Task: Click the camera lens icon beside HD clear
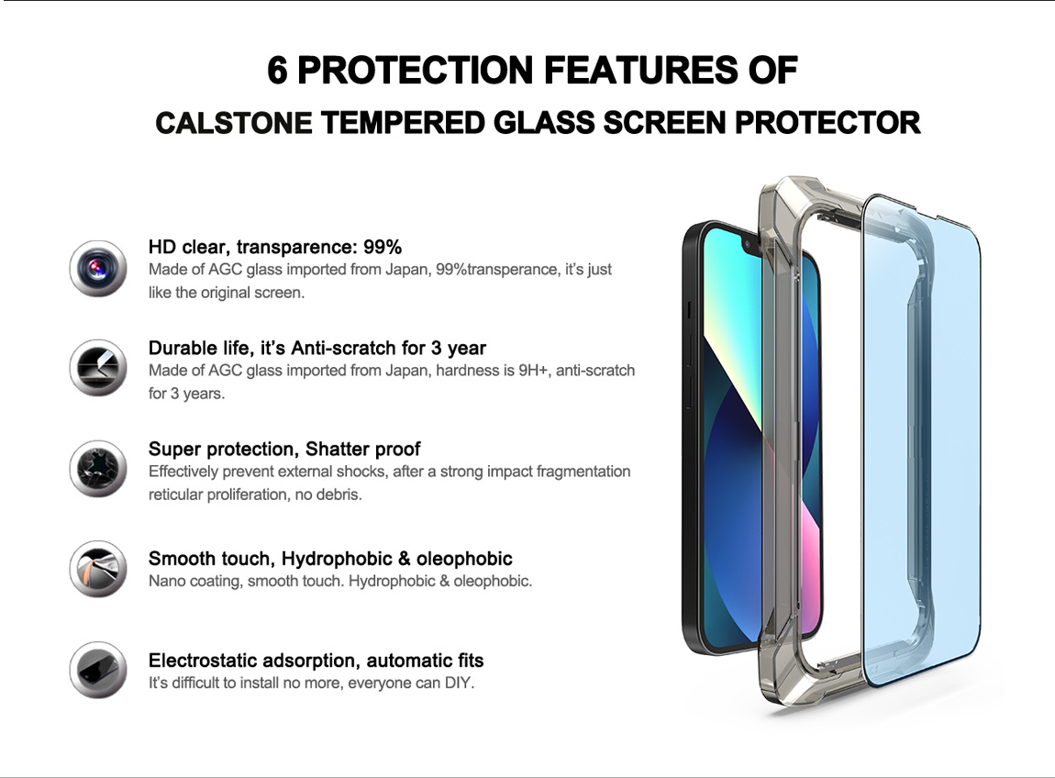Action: point(98,269)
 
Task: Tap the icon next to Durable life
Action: point(98,368)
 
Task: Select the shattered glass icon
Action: point(98,469)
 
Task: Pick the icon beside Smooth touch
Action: point(98,569)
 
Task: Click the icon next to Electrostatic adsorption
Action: point(98,670)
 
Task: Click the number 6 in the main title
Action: point(277,71)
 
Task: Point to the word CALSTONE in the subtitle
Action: point(233,123)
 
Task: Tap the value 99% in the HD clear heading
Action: point(383,247)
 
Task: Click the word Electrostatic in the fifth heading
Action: point(201,661)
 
